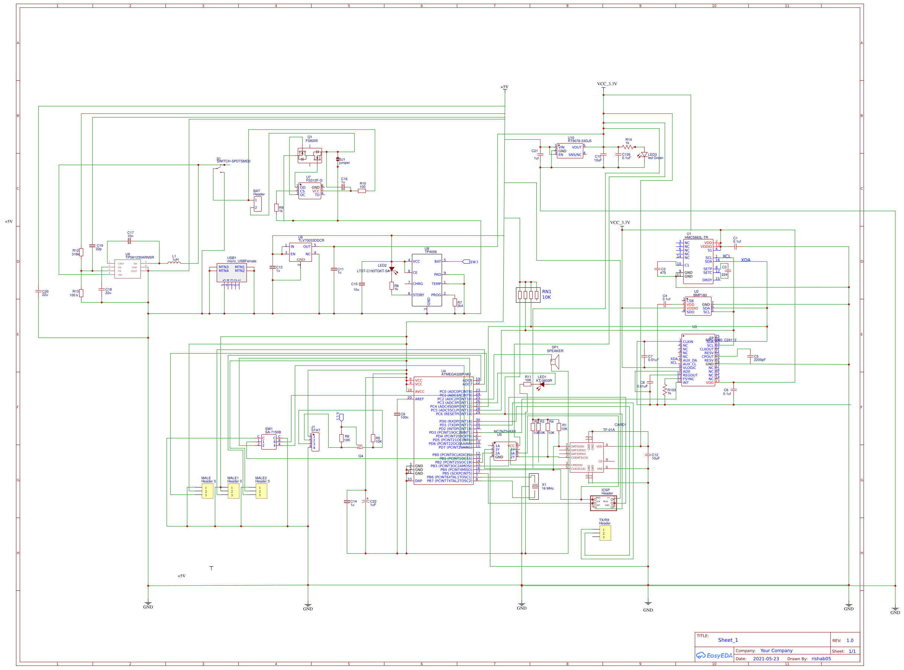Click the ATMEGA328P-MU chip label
pyautogui.click(x=456, y=374)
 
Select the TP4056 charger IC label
pyautogui.click(x=430, y=252)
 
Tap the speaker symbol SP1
pyautogui.click(x=555, y=361)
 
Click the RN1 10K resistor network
pyautogui.click(x=528, y=295)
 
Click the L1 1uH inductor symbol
pyautogui.click(x=174, y=262)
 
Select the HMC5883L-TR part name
pyautogui.click(x=696, y=238)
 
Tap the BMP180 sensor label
pyautogui.click(x=700, y=295)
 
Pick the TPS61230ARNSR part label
pyautogui.click(x=139, y=258)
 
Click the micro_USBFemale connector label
pyautogui.click(x=242, y=261)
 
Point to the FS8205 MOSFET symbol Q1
pyautogui.click(x=310, y=156)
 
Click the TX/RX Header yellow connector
pyautogui.click(x=605, y=533)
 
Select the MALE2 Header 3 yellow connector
pyautogui.click(x=261, y=491)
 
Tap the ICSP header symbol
pyautogui.click(x=603, y=503)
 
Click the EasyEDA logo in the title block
pyautogui.click(x=714, y=655)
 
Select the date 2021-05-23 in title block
pyautogui.click(x=766, y=658)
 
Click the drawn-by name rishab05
pyautogui.click(x=821, y=658)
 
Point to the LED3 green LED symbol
pyautogui.click(x=643, y=155)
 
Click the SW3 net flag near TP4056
pyautogui.click(x=466, y=262)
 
